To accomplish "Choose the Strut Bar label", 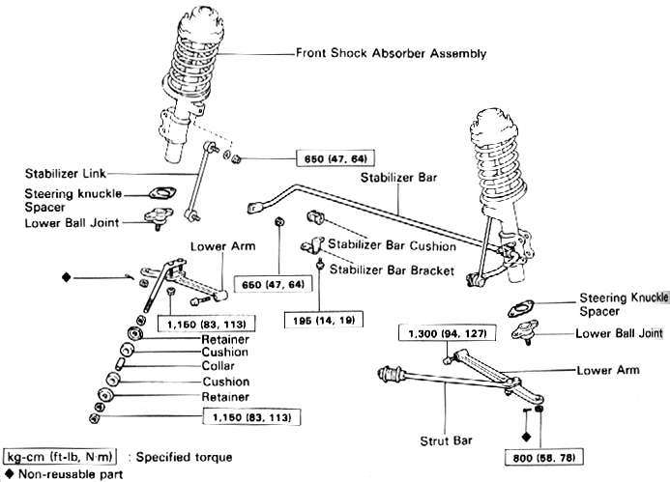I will [x=447, y=440].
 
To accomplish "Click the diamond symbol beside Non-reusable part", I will [x=9, y=474].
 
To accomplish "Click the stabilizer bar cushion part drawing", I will [x=315, y=213].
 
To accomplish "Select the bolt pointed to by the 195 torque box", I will [x=319, y=263].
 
